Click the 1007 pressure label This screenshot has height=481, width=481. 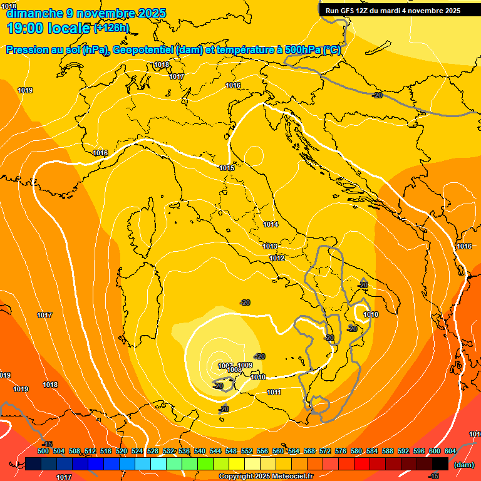[225, 366]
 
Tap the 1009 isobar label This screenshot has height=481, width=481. [245, 365]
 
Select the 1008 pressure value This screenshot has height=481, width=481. [234, 370]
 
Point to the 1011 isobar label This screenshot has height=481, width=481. [274, 392]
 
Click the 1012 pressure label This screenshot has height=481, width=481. [277, 258]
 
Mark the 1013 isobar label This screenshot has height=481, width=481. [270, 246]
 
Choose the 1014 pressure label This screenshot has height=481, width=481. [271, 224]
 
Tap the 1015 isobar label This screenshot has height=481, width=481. [227, 168]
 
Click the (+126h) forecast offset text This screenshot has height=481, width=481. [111, 28]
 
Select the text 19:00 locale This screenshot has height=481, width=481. [49, 28]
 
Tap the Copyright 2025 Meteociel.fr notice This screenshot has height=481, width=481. [266, 477]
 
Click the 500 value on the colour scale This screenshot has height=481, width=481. [43, 451]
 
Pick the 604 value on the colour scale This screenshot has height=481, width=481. [450, 451]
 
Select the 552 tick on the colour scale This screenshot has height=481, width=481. [247, 451]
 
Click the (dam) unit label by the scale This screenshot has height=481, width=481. [464, 465]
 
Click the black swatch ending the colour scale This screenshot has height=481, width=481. [440, 463]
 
